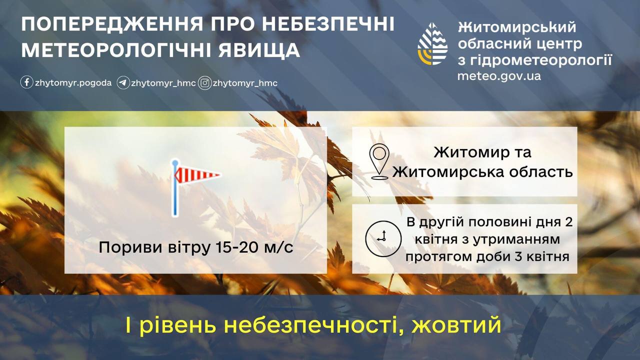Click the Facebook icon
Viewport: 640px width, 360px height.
tap(26, 82)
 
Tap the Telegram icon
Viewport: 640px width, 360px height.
tap(123, 83)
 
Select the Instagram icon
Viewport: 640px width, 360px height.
tap(204, 83)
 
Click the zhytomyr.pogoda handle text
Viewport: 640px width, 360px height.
tap(73, 83)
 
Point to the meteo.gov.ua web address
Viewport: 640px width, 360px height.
tap(499, 76)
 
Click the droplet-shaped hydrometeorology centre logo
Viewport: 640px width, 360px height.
tap(432, 43)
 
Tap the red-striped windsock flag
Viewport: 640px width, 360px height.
tap(197, 174)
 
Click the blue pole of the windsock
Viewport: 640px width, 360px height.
tap(175, 188)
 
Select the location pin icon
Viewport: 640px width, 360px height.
tap(379, 161)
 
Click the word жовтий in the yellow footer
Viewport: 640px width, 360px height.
tap(456, 325)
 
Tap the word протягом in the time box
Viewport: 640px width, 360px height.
tap(438, 257)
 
